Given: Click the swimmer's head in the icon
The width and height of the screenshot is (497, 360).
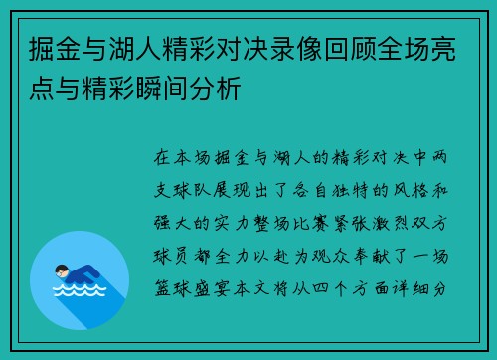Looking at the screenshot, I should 62,270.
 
